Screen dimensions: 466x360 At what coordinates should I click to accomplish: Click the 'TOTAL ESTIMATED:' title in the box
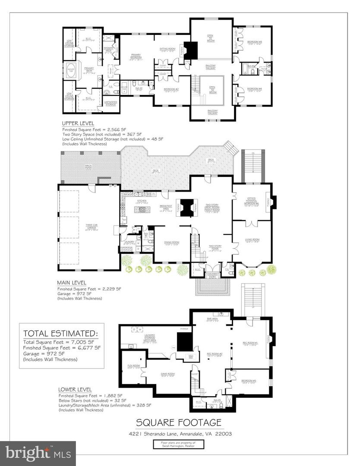(x=60, y=333)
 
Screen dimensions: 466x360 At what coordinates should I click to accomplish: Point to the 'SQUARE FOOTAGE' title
(x=179, y=422)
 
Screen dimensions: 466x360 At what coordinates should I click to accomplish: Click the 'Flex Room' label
(x=133, y=365)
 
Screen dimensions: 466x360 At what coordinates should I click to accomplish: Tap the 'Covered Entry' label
(x=212, y=274)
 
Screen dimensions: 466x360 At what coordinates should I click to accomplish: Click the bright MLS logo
(x=38, y=453)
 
